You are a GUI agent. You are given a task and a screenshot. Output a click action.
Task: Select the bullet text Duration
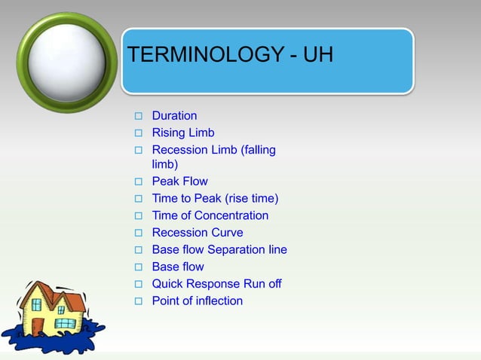(x=174, y=116)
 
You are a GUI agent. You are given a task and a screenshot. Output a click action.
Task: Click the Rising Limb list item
(x=183, y=133)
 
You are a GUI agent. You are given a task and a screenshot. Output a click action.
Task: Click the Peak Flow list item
(x=179, y=182)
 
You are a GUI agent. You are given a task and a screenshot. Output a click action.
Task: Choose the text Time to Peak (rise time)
(x=215, y=199)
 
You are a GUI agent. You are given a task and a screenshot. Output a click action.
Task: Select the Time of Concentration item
(x=210, y=215)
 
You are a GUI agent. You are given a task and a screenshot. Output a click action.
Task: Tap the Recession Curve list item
(x=198, y=233)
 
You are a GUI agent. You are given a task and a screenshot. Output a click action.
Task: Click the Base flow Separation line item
(x=219, y=249)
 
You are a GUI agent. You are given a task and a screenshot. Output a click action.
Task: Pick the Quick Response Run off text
(x=216, y=284)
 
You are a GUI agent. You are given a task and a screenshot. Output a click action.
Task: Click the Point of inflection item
(x=198, y=301)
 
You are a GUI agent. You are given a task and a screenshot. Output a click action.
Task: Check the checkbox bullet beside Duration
(x=138, y=117)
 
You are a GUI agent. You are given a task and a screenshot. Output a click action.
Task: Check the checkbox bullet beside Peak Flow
(x=138, y=182)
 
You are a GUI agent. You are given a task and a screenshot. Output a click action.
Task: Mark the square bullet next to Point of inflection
(x=138, y=302)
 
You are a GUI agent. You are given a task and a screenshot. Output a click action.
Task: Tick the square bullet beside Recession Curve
(x=138, y=233)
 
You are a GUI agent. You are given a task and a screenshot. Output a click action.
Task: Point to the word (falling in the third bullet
(x=258, y=150)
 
